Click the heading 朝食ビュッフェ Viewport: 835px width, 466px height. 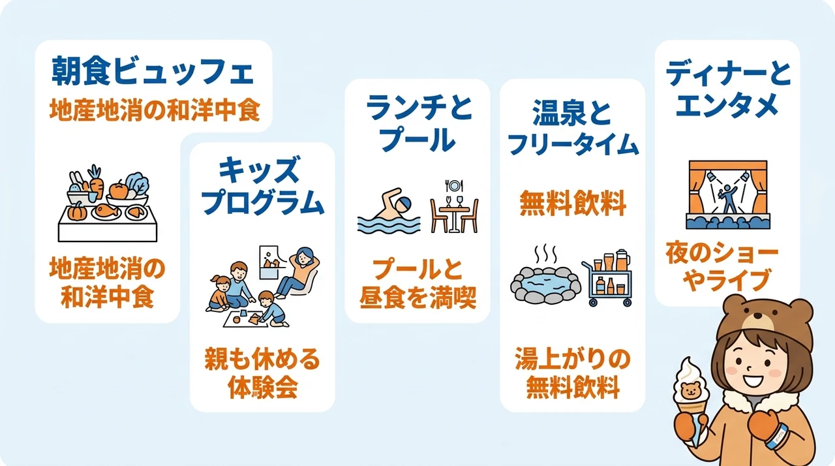click(x=153, y=71)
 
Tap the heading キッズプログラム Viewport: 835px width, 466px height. click(x=262, y=187)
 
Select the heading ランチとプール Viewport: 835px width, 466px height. click(x=418, y=123)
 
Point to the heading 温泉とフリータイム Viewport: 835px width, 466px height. click(x=573, y=128)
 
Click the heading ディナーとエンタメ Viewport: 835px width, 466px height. click(x=727, y=89)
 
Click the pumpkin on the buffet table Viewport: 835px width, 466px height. click(x=77, y=211)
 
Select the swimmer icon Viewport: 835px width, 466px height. click(x=388, y=211)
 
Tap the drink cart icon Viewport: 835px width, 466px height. click(x=607, y=278)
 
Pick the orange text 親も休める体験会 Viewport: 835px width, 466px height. click(x=262, y=373)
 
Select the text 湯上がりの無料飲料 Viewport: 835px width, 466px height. click(x=573, y=373)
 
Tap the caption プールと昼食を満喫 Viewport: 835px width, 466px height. click(x=418, y=284)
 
